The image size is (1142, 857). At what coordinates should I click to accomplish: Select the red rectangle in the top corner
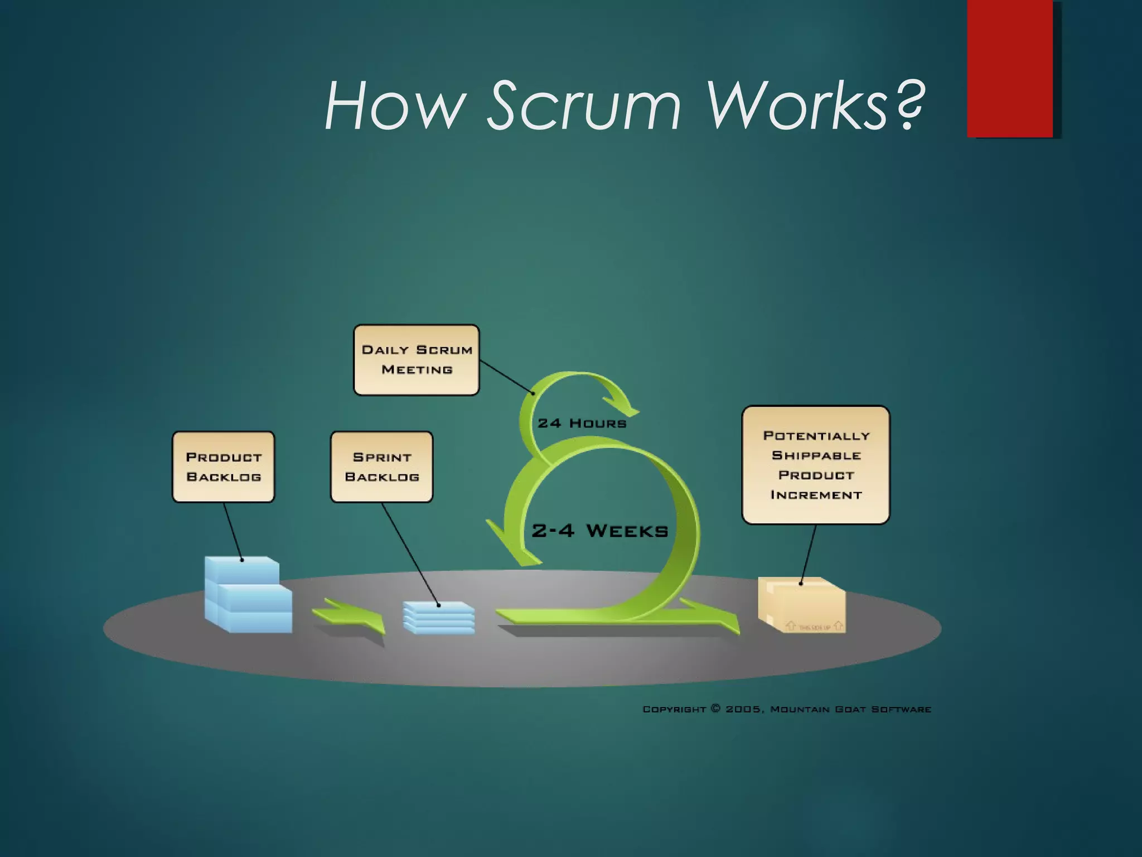1010,68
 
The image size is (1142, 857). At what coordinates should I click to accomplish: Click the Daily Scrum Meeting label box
417,360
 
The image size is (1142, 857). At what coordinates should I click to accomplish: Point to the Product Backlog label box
224,467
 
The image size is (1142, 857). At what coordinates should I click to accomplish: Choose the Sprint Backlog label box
382,467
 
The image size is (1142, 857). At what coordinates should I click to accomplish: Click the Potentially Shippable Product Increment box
816,465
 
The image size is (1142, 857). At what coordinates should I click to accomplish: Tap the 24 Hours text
582,423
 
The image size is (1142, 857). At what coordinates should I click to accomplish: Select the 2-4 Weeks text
600,531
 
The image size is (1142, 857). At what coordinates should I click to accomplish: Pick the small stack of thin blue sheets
439,618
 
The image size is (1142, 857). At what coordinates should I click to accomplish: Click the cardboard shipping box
802,605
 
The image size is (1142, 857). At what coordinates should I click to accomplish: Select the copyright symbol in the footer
716,709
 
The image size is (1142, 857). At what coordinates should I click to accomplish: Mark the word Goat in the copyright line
850,709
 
